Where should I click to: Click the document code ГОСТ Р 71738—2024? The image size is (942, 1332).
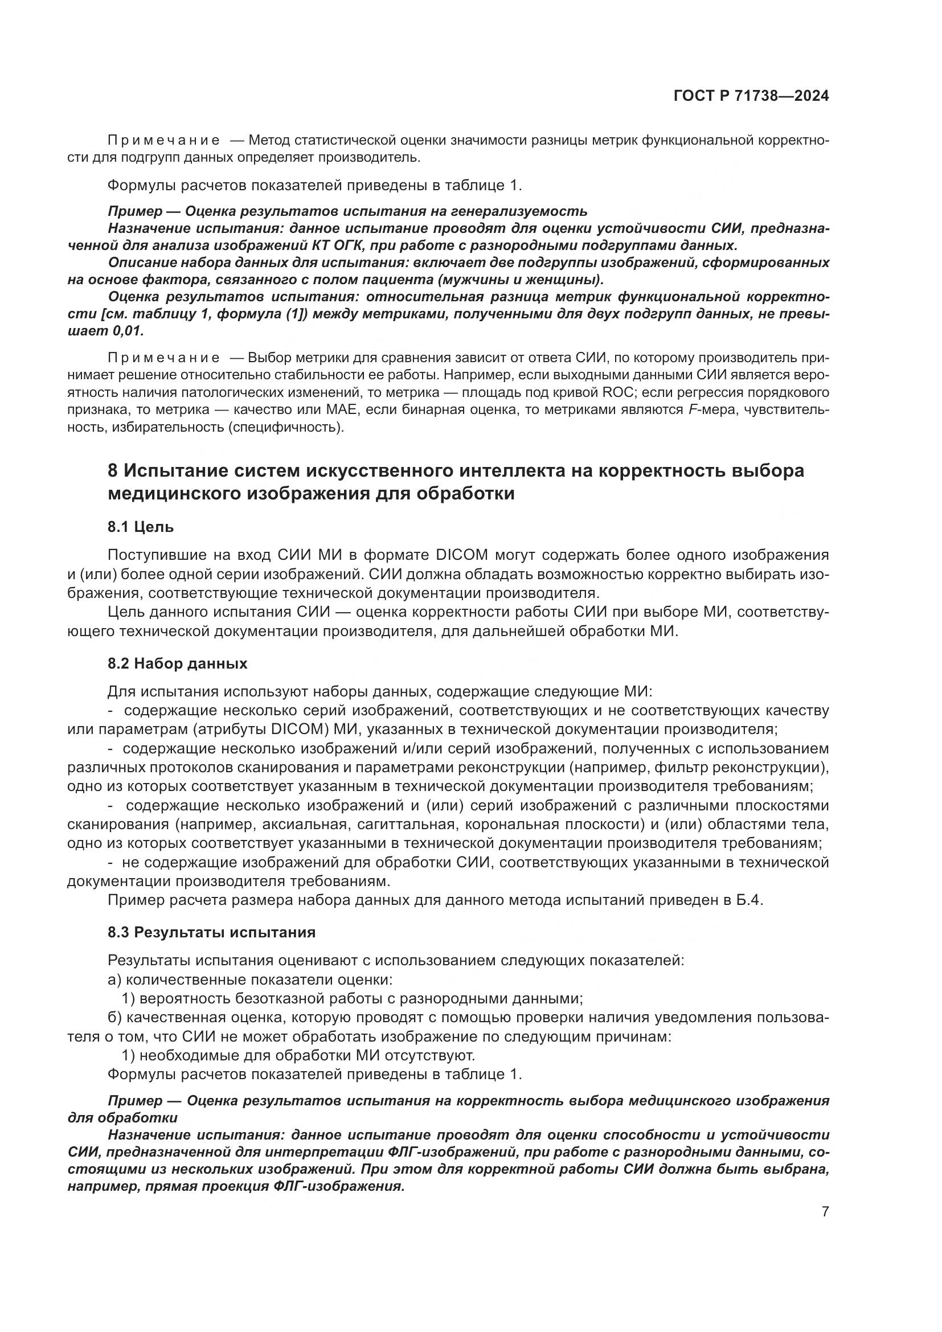(x=751, y=96)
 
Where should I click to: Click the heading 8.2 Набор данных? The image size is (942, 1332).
(x=177, y=663)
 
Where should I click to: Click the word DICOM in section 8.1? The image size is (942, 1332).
(x=461, y=555)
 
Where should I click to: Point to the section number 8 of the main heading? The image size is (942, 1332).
(x=113, y=470)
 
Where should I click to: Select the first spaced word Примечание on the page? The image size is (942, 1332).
(x=164, y=141)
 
